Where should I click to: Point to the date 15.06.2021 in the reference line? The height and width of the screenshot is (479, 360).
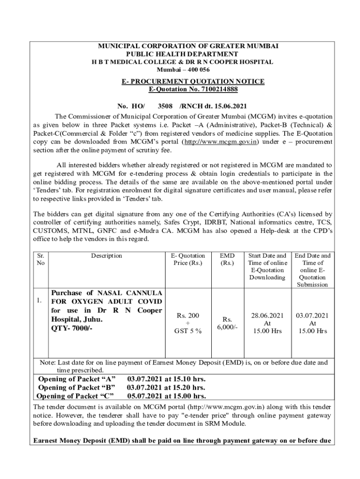(x=230, y=106)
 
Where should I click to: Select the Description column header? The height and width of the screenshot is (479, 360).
(x=107, y=256)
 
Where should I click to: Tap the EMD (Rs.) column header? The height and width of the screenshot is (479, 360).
(x=227, y=259)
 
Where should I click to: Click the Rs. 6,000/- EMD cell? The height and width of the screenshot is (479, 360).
(x=227, y=323)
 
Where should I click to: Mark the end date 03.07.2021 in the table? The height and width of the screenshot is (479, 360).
(x=312, y=316)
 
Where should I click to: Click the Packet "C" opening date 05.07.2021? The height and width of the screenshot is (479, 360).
(x=143, y=396)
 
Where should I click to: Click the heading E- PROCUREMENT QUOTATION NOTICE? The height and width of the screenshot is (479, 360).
(x=193, y=81)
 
